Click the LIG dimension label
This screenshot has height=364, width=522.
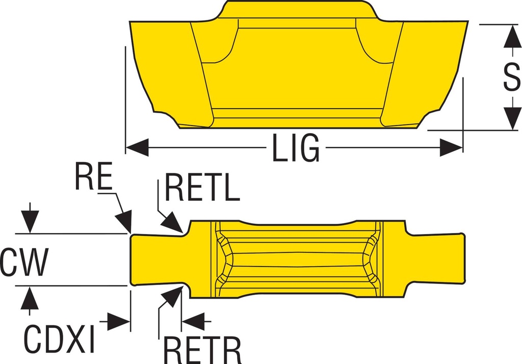coord(296,148)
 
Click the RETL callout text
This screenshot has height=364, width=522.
coord(202,188)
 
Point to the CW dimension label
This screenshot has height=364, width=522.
coord(24,263)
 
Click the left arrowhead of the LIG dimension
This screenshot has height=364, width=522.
coord(136,148)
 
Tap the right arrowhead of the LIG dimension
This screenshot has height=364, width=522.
coord(451,148)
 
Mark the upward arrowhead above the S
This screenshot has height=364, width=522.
coord(512,37)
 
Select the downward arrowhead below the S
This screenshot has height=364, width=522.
coord(512,117)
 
